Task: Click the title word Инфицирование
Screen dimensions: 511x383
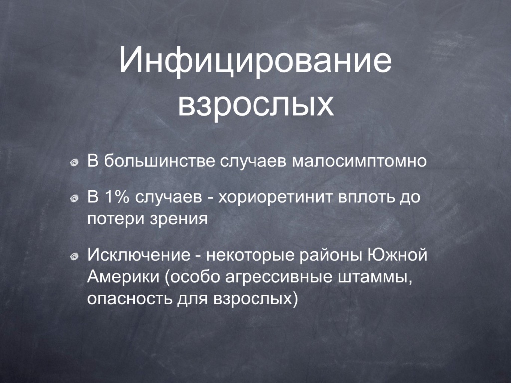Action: [255, 61]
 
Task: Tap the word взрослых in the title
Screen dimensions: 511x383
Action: [256, 105]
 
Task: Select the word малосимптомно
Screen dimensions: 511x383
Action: [359, 161]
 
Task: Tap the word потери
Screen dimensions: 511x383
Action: [116, 219]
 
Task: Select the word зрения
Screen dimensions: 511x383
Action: [179, 220]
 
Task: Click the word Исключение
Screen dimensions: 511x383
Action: [139, 255]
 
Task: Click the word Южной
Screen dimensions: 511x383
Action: [397, 255]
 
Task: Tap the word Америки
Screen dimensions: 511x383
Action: [124, 277]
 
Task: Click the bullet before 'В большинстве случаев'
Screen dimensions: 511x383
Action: [75, 162]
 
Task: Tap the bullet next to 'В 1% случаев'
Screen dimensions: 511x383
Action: [75, 198]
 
